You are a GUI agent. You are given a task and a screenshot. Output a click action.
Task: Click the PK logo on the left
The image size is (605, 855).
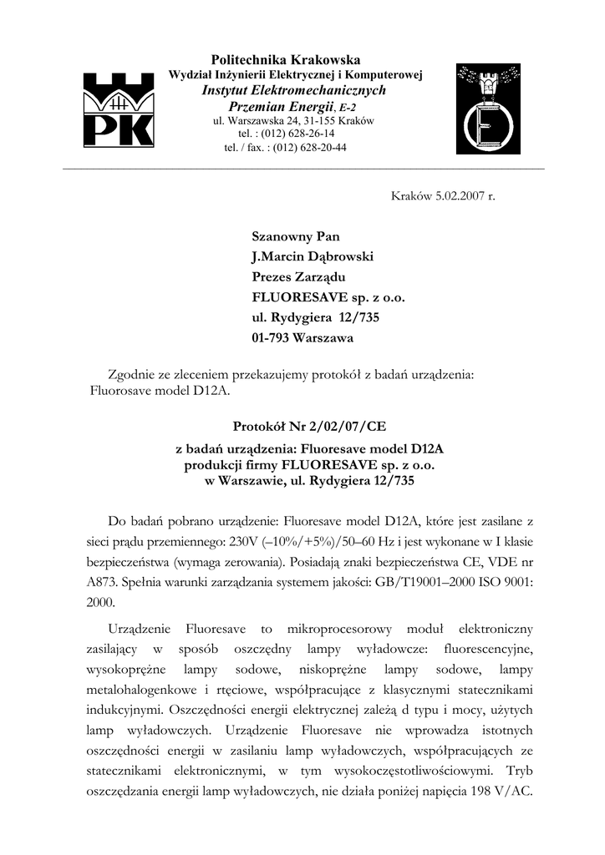click(117, 109)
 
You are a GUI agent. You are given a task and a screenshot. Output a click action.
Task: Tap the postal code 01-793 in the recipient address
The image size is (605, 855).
click(271, 338)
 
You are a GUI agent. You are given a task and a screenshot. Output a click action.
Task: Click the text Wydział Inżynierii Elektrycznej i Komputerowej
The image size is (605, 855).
click(295, 75)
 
